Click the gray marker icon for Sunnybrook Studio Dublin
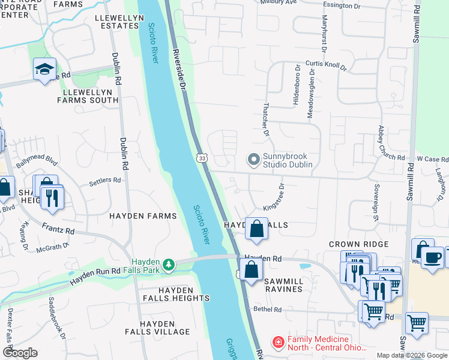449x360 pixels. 255,160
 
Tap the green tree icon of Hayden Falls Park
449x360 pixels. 170,264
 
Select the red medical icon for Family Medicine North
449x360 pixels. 279,343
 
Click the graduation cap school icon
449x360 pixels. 44,70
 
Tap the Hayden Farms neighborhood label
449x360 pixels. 142,215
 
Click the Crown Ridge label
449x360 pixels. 358,244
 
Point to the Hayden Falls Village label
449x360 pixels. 157,331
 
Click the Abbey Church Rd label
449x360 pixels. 384,143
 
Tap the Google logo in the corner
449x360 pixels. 20,352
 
